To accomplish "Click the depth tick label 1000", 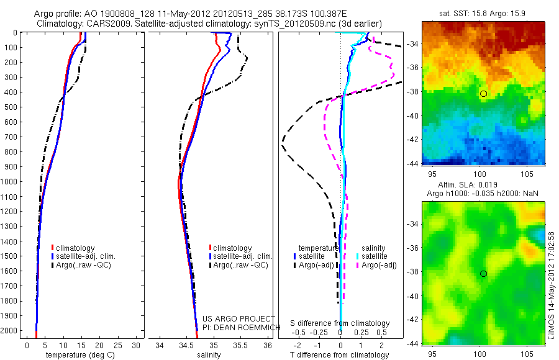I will pyautogui.click(x=10, y=182).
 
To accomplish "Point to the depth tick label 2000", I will pyautogui.click(x=10, y=331).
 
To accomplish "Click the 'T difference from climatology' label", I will pyautogui.click(x=339, y=355).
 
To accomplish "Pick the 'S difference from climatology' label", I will pyautogui.click(x=340, y=323).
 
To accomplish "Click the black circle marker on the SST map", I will pyautogui.click(x=483, y=94).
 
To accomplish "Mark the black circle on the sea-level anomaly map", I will pyautogui.click(x=483, y=274).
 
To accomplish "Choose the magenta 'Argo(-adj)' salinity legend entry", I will pyautogui.click(x=378, y=265).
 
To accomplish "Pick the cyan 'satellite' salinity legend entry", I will pyautogui.click(x=375, y=256).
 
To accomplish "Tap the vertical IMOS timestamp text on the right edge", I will pyautogui.click(x=552, y=286).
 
